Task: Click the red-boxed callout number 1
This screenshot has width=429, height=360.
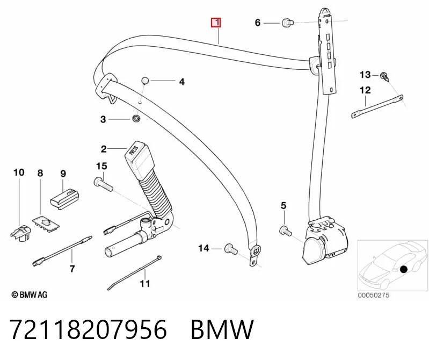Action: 216,23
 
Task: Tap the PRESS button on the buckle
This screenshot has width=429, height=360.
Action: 134,150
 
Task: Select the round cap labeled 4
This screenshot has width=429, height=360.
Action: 146,81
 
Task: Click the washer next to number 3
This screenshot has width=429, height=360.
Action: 136,119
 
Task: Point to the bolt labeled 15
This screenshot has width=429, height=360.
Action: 104,184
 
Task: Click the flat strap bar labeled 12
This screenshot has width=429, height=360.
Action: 377,106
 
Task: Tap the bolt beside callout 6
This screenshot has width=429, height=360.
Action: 288,22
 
